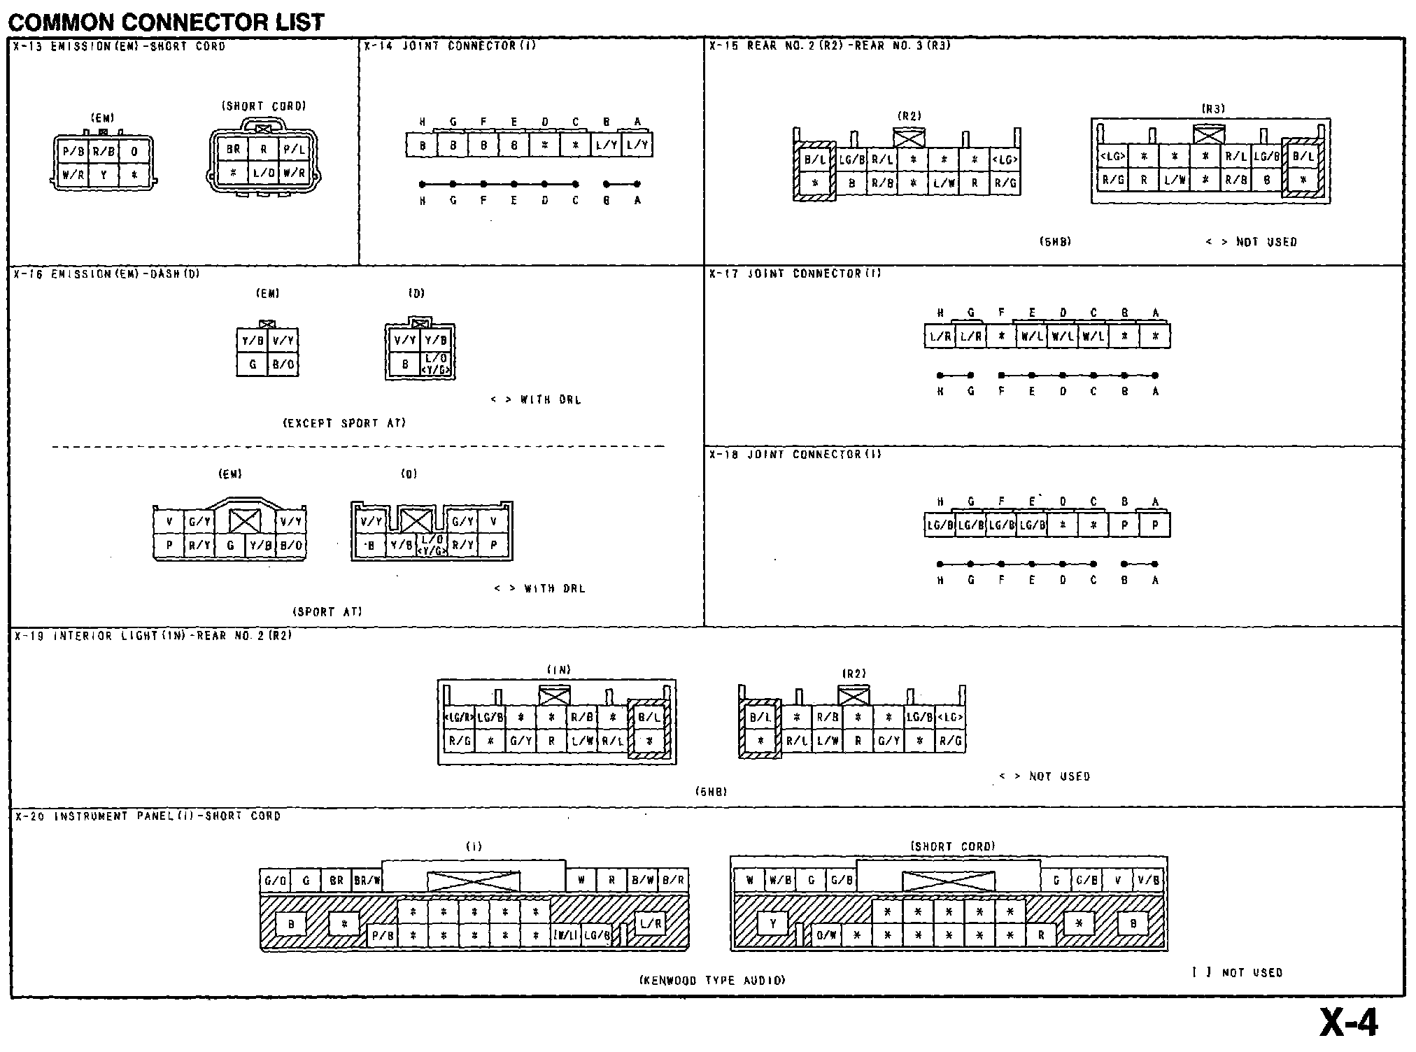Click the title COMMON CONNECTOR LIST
[x=166, y=22]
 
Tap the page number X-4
[x=1348, y=1023]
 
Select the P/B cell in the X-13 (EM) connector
[x=73, y=151]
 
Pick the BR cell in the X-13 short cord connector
[x=233, y=149]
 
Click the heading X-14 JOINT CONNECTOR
[x=450, y=46]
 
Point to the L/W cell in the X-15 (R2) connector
[x=944, y=183]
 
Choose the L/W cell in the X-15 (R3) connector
[x=1175, y=180]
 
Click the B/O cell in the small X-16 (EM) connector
[x=283, y=364]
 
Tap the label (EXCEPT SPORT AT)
[x=344, y=423]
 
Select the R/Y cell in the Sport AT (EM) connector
[x=199, y=546]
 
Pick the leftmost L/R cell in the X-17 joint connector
[x=940, y=336]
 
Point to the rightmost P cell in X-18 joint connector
[x=1155, y=525]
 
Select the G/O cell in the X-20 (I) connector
[x=275, y=880]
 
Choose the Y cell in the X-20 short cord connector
[x=773, y=924]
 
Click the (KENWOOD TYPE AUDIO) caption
[x=712, y=980]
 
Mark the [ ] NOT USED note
[x=1238, y=972]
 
